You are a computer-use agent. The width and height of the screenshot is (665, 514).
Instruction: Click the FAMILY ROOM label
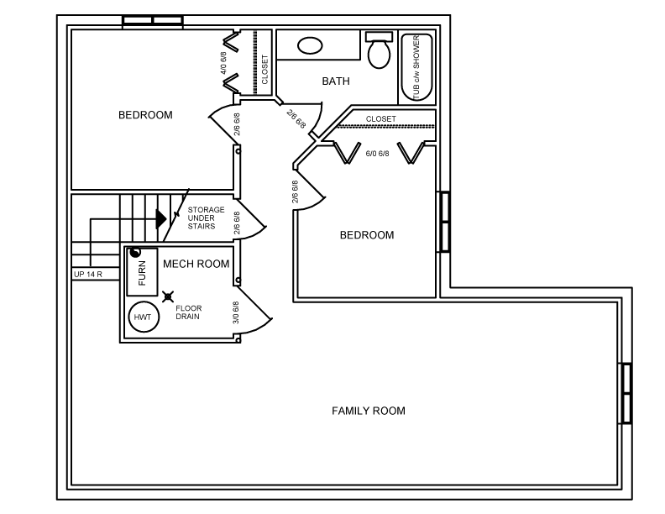pyautogui.click(x=368, y=411)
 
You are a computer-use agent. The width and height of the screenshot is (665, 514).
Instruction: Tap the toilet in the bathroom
pyautogui.click(x=379, y=50)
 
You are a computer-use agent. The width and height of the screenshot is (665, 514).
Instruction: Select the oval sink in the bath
pyautogui.click(x=310, y=45)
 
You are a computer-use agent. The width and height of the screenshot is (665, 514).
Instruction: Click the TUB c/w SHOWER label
pyautogui.click(x=416, y=67)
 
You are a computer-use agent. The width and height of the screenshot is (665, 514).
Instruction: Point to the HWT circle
pyautogui.click(x=144, y=317)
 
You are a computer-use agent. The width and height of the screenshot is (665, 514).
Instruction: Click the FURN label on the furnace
pyautogui.click(x=142, y=273)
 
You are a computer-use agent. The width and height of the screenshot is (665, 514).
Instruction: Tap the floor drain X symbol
pyautogui.click(x=168, y=296)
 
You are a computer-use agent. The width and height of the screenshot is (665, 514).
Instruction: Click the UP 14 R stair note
pyautogui.click(x=88, y=274)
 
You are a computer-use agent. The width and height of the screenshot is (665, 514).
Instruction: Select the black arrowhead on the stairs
pyautogui.click(x=161, y=219)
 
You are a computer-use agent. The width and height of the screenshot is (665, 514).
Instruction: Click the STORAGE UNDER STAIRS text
pyautogui.click(x=206, y=218)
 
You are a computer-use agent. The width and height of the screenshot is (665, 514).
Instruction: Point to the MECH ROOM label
pyautogui.click(x=196, y=264)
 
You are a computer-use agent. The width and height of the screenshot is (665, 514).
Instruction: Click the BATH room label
pyautogui.click(x=336, y=81)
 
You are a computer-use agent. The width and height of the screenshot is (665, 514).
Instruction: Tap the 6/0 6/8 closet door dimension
pyautogui.click(x=378, y=153)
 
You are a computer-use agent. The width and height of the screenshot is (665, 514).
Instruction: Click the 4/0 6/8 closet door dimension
pyautogui.click(x=223, y=63)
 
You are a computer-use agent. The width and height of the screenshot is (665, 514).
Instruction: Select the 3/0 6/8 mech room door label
pyautogui.click(x=236, y=312)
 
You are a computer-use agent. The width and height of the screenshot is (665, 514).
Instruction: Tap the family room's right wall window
pyautogui.click(x=626, y=393)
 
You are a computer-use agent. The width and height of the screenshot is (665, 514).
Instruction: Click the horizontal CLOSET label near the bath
pyautogui.click(x=381, y=119)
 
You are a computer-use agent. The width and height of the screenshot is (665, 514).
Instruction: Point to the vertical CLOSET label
pyautogui.click(x=265, y=69)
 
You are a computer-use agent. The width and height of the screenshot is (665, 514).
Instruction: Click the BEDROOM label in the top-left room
pyautogui.click(x=145, y=115)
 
